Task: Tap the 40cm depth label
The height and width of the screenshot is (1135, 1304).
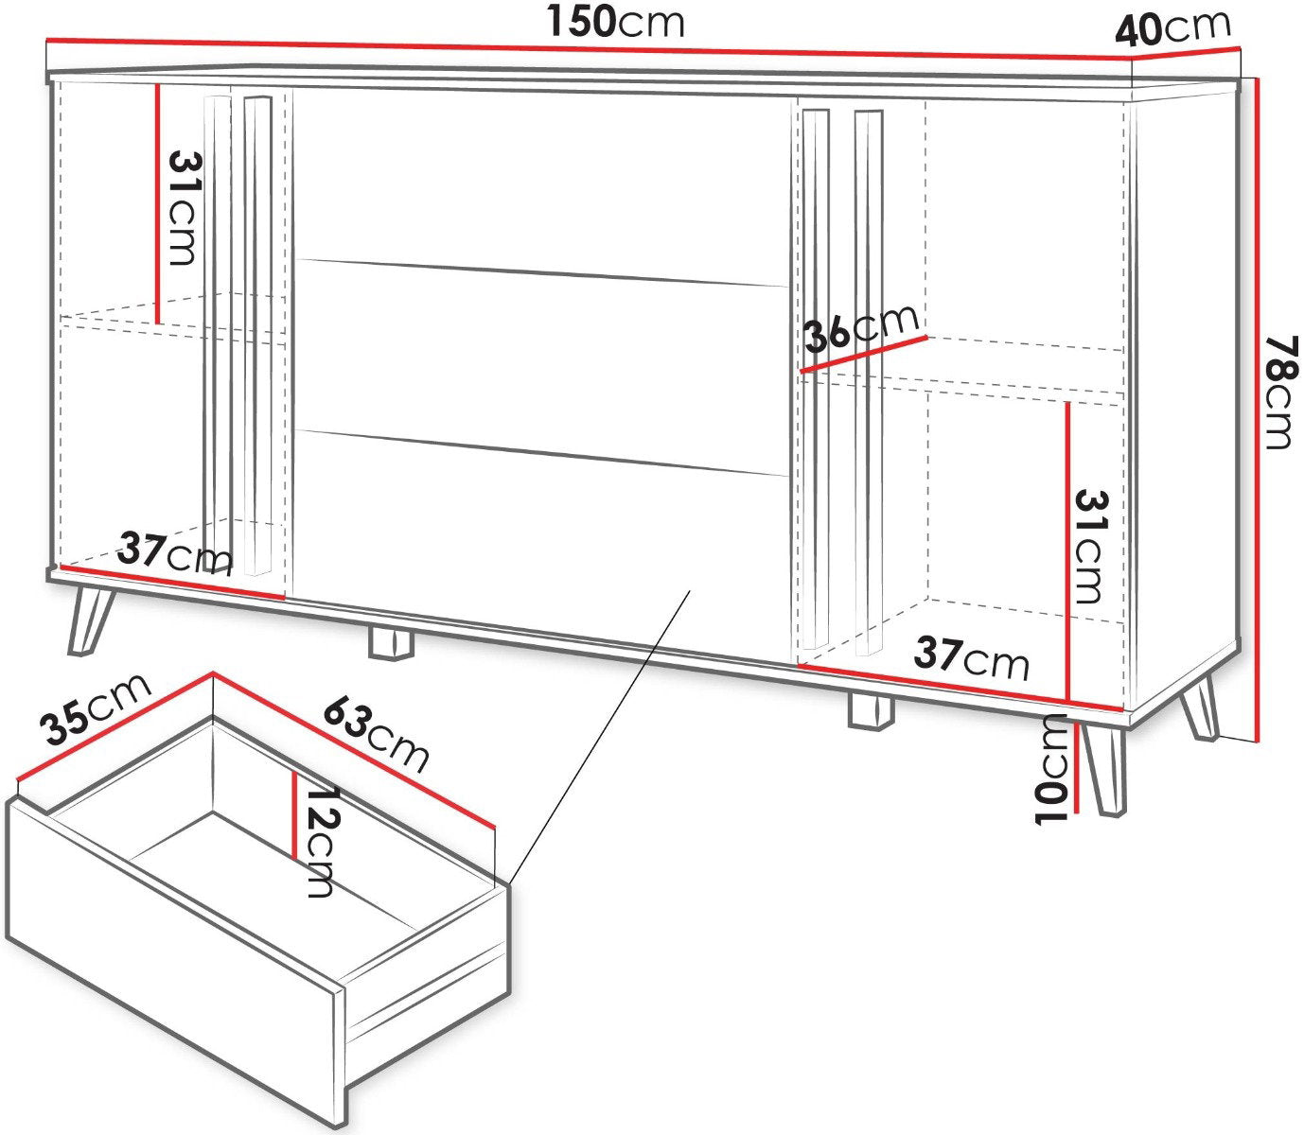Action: pos(1172,28)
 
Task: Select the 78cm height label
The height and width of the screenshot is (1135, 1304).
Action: pos(1278,393)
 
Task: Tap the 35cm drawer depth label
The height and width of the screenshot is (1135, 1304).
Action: pos(96,708)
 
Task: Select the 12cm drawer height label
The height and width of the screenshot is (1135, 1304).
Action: pos(321,843)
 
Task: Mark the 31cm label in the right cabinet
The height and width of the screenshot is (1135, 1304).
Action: pos(1090,547)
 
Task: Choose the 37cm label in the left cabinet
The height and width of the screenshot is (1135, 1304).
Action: pos(176,553)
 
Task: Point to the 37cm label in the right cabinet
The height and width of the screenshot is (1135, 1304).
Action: pos(971,658)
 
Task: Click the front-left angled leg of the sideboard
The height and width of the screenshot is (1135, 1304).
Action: pos(91,621)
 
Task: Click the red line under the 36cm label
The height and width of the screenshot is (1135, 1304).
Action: pos(864,354)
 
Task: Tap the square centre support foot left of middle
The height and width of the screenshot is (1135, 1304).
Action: pos(391,642)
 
